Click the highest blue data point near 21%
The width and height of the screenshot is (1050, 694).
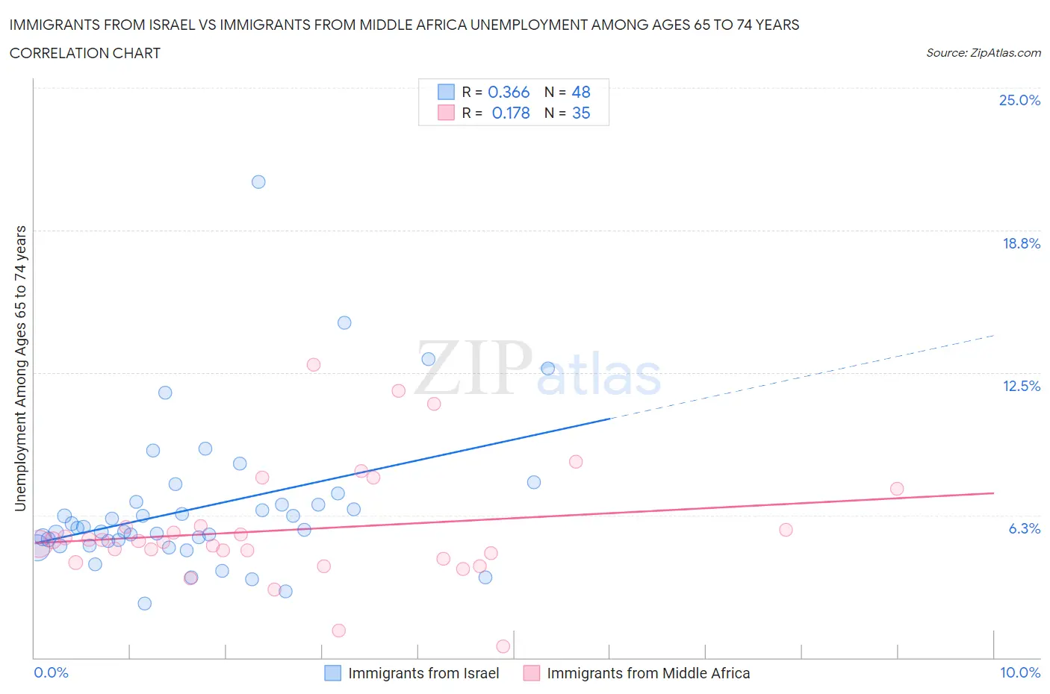pos(258,182)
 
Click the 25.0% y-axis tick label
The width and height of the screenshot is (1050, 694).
pos(1019,100)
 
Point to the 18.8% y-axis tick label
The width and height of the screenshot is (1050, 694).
pos(1021,243)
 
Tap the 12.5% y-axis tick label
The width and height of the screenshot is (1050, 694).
pos(1021,386)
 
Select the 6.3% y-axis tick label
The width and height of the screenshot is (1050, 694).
pos(1024,528)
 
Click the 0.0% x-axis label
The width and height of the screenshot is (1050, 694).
pos(51,672)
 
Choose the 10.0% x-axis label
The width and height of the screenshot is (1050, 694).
pos(1020,672)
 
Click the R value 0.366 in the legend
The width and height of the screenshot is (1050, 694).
pos(509,92)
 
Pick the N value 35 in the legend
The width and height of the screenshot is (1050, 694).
pos(581,113)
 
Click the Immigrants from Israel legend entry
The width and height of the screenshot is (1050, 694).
pos(423,673)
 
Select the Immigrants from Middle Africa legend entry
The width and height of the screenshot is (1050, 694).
pos(647,673)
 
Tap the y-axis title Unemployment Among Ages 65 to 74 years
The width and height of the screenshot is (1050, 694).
pos(21,369)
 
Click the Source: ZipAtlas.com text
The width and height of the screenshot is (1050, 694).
pos(983,53)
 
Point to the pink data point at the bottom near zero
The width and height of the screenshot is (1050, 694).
pos(503,646)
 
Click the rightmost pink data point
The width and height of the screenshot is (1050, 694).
pos(897,489)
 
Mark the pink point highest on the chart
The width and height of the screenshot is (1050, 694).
pos(314,365)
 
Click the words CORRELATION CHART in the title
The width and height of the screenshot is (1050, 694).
pos(85,53)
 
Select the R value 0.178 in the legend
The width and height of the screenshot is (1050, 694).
pos(511,113)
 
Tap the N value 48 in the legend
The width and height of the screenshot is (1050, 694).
pos(581,92)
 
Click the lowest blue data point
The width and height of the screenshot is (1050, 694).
pos(145,604)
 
